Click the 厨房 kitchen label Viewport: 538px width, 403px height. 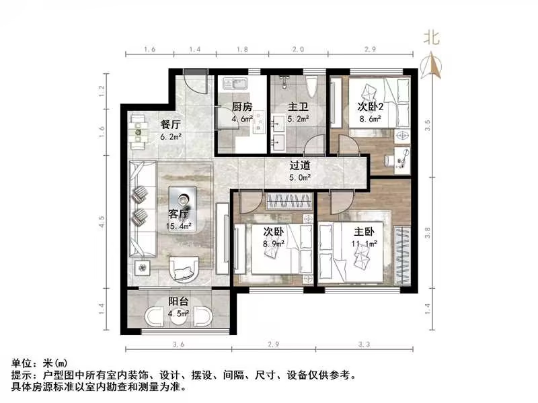[241, 107]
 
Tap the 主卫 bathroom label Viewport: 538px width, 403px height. [298, 107]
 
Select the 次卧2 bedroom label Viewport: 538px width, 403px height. [369, 106]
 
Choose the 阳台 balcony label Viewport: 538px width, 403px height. [178, 301]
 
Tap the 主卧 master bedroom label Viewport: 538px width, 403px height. [364, 232]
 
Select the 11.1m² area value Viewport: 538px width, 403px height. [364, 244]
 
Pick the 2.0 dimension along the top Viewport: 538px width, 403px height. [299, 50]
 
